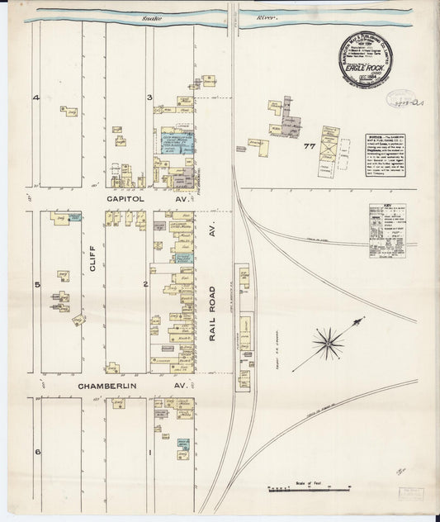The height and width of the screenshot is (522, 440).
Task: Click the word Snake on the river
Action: point(151,17)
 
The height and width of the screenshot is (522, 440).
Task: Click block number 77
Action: point(310,146)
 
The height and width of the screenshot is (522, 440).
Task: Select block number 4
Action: point(35,98)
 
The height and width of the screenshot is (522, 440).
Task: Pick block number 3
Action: point(149,98)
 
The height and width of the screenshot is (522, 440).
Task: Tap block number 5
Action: point(36,285)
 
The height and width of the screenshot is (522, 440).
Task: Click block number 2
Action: point(145,285)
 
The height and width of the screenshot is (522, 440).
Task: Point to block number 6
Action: point(36,453)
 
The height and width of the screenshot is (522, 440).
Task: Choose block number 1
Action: point(149,453)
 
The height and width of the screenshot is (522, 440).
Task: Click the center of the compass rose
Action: point(329,338)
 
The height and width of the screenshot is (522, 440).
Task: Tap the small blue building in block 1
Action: point(183,444)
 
